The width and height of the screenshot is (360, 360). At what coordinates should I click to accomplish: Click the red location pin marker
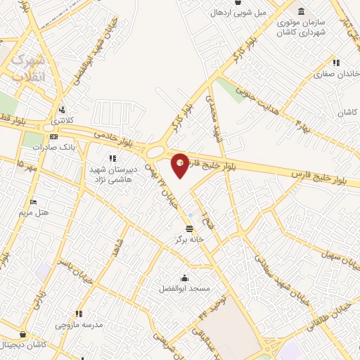click(180, 165)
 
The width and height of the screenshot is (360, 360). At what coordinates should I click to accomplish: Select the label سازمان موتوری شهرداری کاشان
click(300, 27)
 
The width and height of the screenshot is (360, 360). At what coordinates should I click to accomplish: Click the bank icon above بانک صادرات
click(54, 137)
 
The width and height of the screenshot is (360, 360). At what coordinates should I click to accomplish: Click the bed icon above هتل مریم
click(33, 202)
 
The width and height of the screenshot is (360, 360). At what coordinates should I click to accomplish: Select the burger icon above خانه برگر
click(189, 229)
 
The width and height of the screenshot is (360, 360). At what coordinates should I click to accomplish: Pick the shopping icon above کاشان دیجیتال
click(25, 335)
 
